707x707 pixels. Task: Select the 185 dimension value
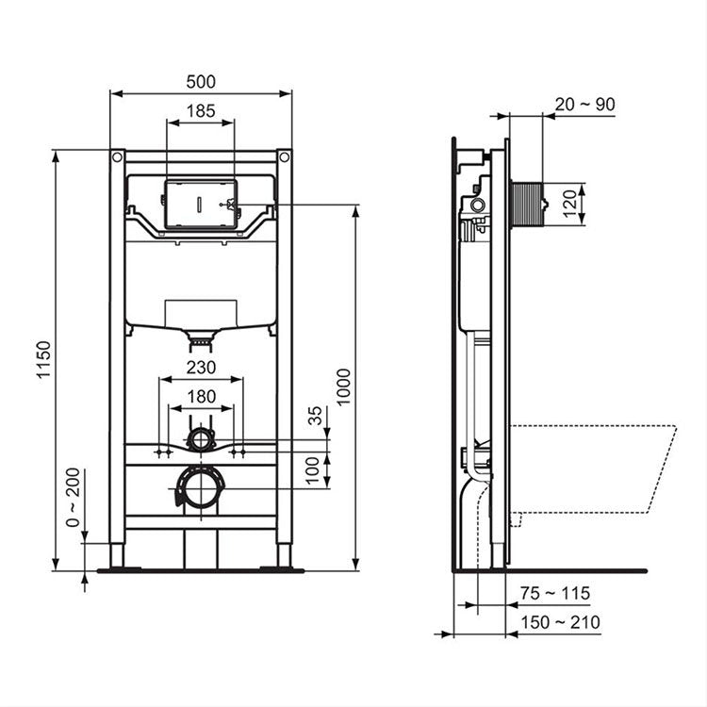click(x=200, y=110)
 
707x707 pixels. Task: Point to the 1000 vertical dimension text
click(x=344, y=386)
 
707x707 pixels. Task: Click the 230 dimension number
click(x=200, y=367)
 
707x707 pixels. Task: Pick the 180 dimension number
click(x=200, y=396)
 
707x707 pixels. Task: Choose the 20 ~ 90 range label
click(x=584, y=104)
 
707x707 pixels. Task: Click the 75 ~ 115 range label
click(x=556, y=593)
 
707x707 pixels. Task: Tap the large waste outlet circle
click(x=200, y=489)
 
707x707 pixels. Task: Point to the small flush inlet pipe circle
click(x=200, y=439)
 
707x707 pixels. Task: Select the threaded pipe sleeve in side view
click(x=527, y=202)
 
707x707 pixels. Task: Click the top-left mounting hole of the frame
click(x=117, y=156)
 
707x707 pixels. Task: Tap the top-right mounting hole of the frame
click(x=284, y=156)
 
